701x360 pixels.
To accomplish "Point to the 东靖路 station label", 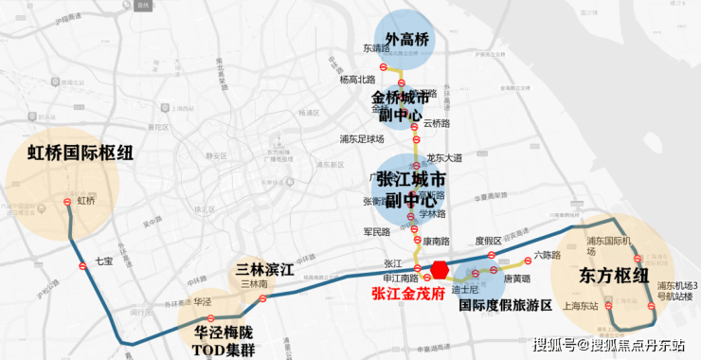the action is (376, 47).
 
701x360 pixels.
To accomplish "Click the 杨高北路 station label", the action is (356, 80).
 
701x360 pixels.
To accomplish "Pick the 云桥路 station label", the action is (438, 123).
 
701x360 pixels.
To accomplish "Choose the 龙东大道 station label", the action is (444, 158).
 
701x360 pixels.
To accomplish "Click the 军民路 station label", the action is (376, 231).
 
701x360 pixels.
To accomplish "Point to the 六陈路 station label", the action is (548, 254).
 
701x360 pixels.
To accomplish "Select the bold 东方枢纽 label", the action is (614, 276).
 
